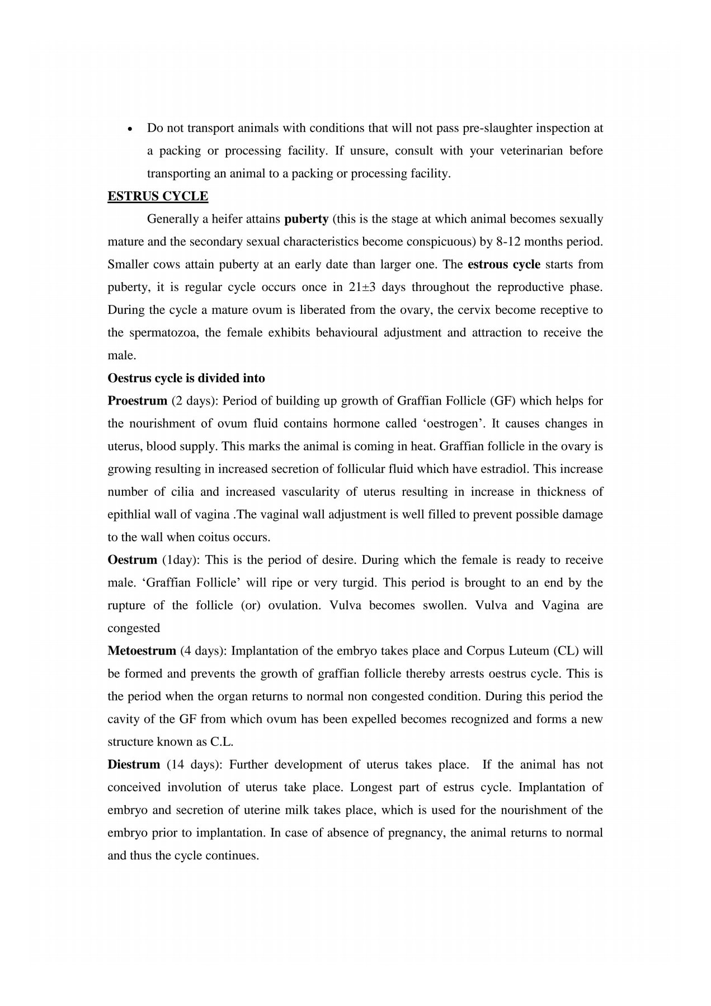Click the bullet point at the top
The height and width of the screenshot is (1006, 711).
click(130, 128)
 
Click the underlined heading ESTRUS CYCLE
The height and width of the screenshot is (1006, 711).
click(158, 196)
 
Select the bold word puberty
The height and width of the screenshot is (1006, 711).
click(306, 219)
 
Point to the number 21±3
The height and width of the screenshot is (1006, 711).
click(362, 287)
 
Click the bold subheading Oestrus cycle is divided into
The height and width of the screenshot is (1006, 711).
click(186, 378)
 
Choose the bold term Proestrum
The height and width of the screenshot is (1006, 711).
click(137, 401)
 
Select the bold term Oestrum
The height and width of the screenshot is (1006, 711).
click(132, 560)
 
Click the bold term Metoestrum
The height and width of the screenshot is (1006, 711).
click(142, 651)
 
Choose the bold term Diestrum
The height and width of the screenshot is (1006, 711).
click(134, 765)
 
